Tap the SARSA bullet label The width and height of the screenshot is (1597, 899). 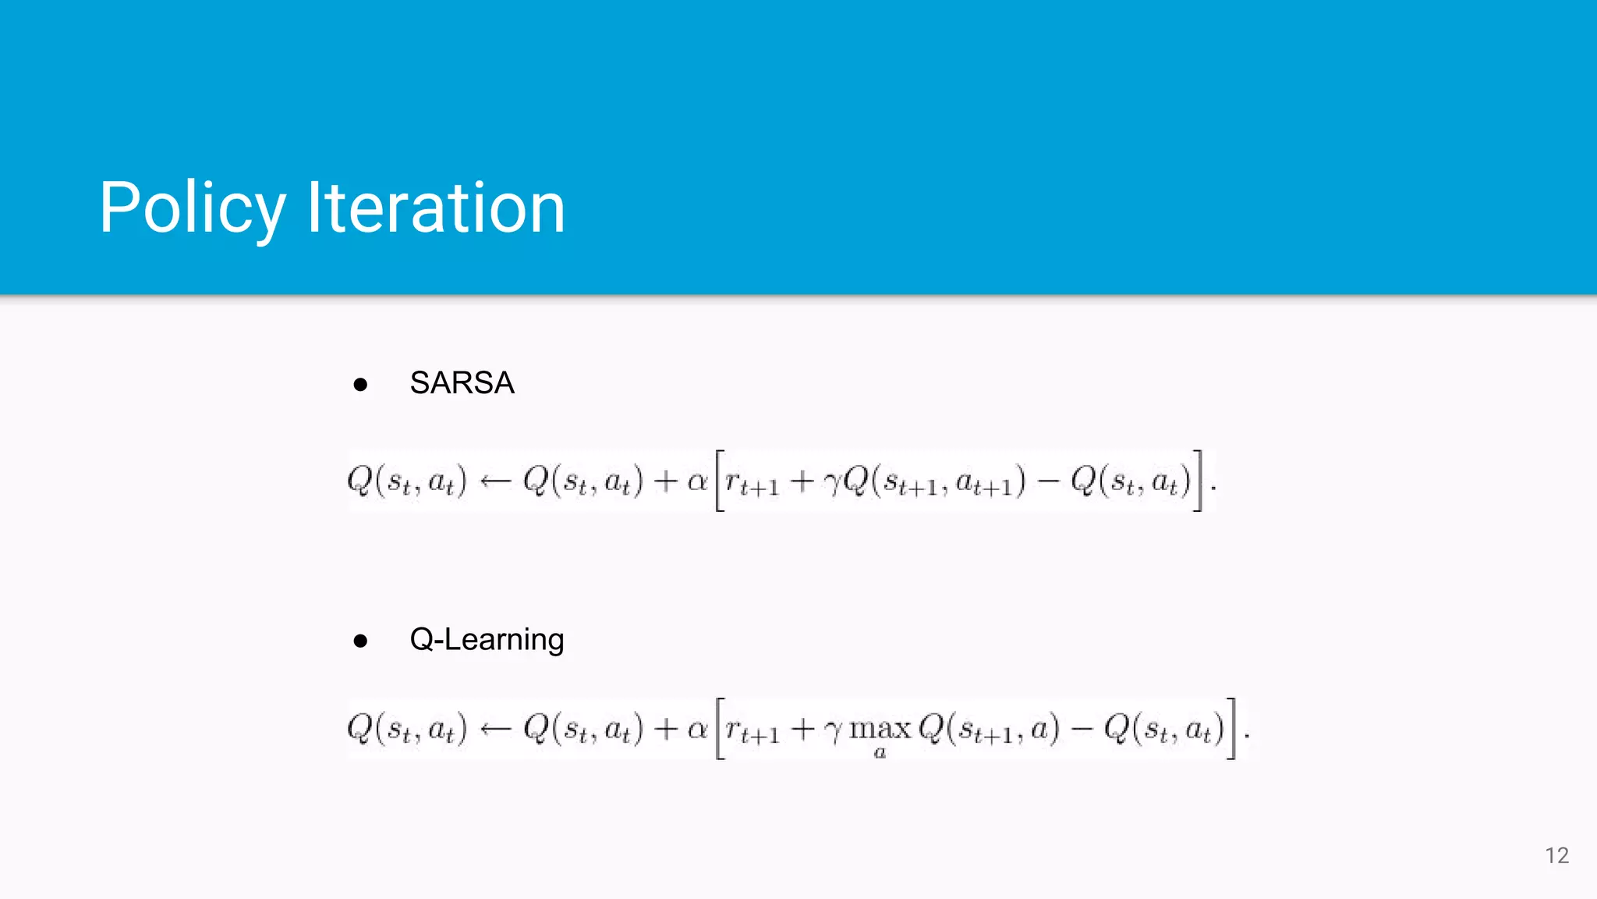point(462,383)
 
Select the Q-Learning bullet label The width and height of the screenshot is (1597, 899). point(487,640)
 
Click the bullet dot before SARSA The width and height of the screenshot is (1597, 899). point(360,384)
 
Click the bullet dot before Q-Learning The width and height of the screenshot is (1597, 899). point(360,641)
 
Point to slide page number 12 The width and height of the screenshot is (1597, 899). point(1556,855)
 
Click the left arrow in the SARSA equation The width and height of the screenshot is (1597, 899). point(495,481)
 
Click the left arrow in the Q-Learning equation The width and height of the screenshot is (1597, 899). point(495,729)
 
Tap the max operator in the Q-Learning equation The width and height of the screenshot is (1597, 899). point(880,729)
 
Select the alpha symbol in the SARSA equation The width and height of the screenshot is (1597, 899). point(697,481)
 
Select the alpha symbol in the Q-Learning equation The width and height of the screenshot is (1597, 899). point(697,729)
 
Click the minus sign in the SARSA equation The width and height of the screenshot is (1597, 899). point(1048,481)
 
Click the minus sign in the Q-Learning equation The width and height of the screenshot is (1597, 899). point(1082,729)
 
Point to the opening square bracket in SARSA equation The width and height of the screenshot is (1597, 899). point(720,481)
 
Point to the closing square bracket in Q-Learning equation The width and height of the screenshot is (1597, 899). point(1231,729)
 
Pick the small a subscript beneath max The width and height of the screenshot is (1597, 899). point(880,753)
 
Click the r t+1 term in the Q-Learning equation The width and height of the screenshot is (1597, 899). point(752,730)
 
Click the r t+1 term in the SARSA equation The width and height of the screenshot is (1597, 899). point(752,484)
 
